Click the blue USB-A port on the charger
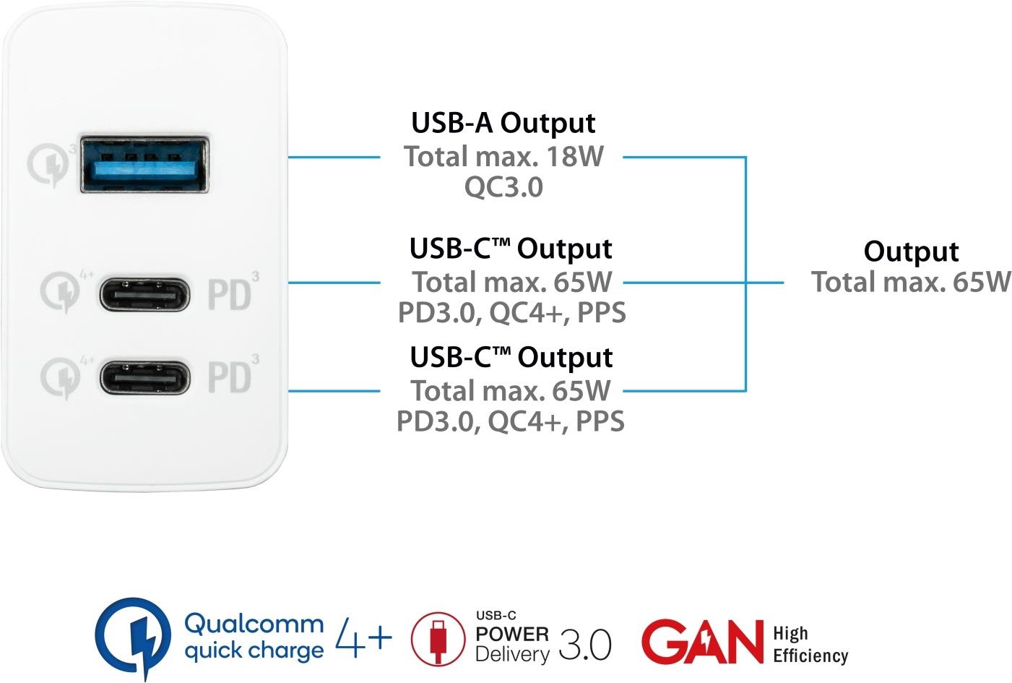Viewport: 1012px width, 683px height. point(144,166)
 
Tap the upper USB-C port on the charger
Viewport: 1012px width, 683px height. point(144,293)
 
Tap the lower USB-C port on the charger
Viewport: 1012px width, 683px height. point(144,377)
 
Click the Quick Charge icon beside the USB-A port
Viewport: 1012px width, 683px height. point(49,164)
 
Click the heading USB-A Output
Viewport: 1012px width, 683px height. point(503,123)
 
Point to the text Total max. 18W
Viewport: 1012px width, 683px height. point(503,156)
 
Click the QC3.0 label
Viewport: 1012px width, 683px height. point(503,187)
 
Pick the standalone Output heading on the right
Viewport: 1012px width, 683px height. point(911,251)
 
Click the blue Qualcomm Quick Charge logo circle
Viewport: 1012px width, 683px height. point(134,636)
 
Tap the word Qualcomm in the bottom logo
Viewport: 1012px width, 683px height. point(254,623)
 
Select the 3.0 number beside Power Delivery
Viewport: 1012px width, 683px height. point(584,645)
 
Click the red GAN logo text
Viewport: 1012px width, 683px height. point(701,641)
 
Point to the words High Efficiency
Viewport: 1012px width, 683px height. point(809,645)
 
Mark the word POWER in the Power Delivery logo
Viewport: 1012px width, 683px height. point(512,634)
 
